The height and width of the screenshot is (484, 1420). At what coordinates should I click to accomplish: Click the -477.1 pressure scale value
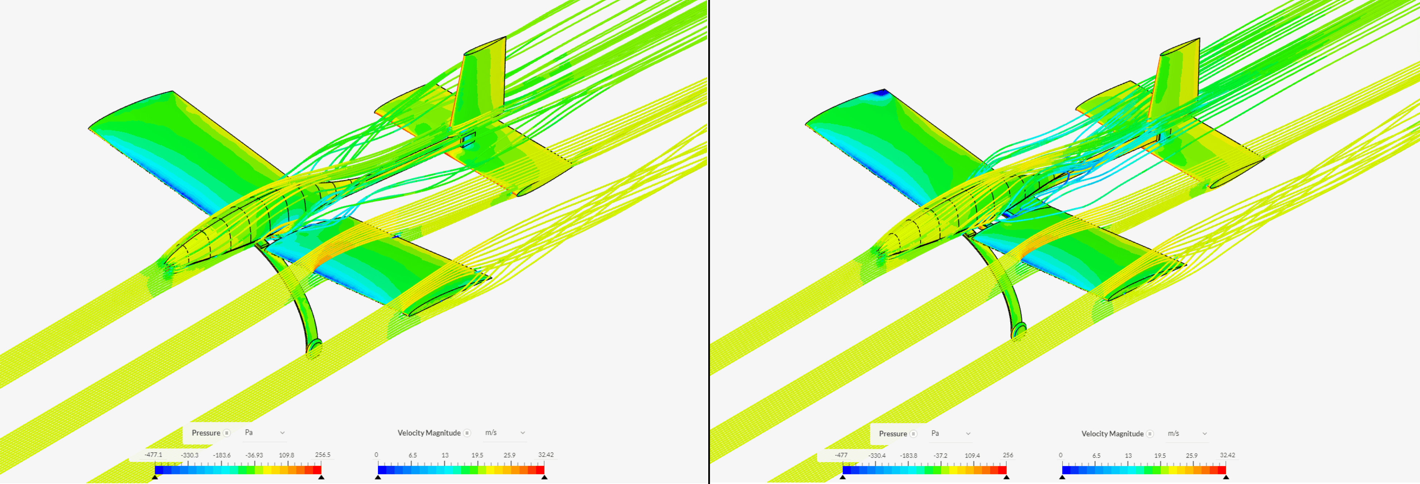pyautogui.click(x=153, y=455)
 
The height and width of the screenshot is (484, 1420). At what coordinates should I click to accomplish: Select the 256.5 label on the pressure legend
pyautogui.click(x=323, y=455)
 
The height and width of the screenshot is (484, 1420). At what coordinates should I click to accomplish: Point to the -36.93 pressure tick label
pyautogui.click(x=254, y=455)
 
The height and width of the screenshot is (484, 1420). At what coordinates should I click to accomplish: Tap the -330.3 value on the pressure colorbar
pyautogui.click(x=190, y=455)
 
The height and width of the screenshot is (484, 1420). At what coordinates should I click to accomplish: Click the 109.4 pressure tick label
pyautogui.click(x=972, y=456)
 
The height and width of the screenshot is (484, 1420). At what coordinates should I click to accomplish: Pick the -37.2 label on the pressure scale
pyautogui.click(x=941, y=456)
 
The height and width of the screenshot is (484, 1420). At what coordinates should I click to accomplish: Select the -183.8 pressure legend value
pyautogui.click(x=908, y=456)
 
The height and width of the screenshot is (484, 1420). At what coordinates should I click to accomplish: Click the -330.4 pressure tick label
pyautogui.click(x=876, y=456)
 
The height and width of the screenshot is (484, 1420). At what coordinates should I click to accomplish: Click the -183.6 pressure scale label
pyautogui.click(x=221, y=455)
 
